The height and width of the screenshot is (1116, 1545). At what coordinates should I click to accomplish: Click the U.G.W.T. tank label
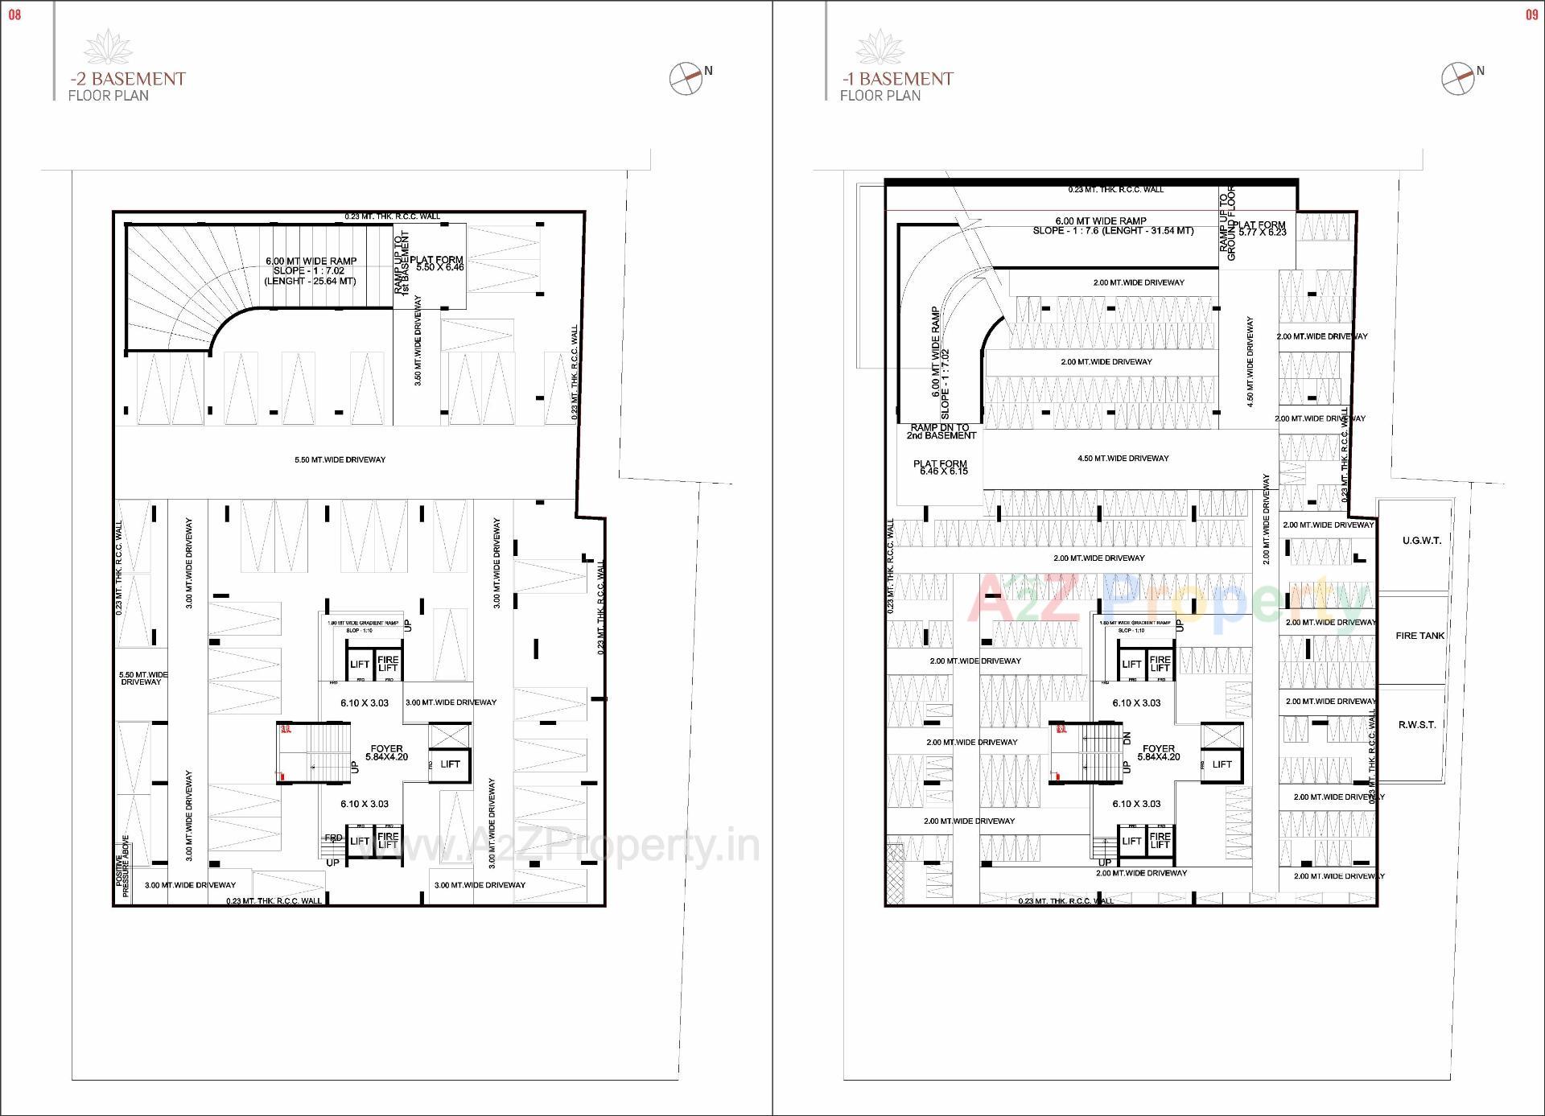[x=1421, y=541]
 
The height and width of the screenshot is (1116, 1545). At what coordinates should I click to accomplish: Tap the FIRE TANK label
[x=1419, y=636]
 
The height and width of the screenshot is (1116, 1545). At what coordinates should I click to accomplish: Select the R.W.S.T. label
[x=1416, y=725]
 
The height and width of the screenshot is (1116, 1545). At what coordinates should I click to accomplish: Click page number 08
[x=14, y=14]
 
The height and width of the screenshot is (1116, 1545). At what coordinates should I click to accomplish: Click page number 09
[x=1531, y=14]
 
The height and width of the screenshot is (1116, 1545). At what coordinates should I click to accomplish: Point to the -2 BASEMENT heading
[x=127, y=79]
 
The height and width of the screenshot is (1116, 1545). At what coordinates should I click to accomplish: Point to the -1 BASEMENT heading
[x=897, y=79]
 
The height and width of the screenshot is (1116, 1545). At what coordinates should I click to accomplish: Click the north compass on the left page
[x=686, y=78]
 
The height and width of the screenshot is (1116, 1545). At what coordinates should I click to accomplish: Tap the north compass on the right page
[x=1457, y=78]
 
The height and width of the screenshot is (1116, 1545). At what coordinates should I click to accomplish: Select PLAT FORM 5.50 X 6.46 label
[x=437, y=264]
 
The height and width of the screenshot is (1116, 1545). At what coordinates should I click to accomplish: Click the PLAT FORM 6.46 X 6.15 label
[x=940, y=467]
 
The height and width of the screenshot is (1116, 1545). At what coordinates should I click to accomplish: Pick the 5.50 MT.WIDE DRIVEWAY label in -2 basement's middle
[x=340, y=460]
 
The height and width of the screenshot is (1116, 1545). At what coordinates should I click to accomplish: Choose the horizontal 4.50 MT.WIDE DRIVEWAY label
[x=1123, y=459]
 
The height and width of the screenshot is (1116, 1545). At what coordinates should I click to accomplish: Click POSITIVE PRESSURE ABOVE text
[x=122, y=866]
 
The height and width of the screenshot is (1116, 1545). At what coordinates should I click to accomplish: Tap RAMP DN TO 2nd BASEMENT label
[x=940, y=432]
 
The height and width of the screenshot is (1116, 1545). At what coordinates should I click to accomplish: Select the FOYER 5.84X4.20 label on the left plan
[x=386, y=752]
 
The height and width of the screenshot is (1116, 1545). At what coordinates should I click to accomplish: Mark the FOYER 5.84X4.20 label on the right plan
[x=1158, y=752]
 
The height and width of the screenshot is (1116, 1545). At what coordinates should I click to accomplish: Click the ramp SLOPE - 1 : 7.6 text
[x=1113, y=231]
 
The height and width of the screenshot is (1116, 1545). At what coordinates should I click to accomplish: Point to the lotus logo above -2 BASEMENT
[x=108, y=46]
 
